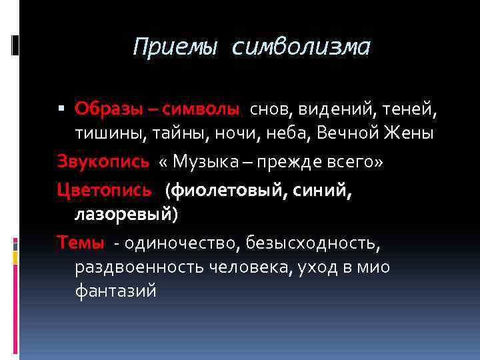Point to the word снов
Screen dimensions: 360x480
[x=271, y=108]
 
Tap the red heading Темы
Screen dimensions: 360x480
[x=81, y=243]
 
